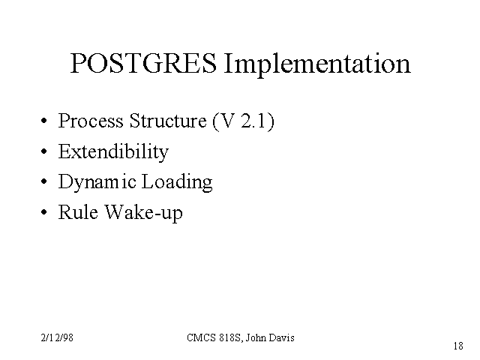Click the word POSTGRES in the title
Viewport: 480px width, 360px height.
(143, 63)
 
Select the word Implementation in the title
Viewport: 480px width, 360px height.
(317, 65)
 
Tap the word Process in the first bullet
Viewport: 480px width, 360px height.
(91, 121)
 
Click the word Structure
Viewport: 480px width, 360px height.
(168, 121)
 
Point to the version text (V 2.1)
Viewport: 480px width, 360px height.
(244, 121)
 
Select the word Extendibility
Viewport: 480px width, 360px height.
(113, 152)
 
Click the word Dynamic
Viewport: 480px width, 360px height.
(97, 182)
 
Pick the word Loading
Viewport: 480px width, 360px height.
(177, 182)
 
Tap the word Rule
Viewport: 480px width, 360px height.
(78, 212)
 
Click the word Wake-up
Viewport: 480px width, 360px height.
(144, 213)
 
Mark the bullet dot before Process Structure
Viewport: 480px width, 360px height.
(44, 121)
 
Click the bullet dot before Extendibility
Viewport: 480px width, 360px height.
(44, 151)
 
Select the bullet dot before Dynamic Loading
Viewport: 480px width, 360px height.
(44, 181)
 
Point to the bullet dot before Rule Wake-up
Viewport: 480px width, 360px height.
(44, 211)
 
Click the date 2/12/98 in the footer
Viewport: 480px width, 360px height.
(57, 337)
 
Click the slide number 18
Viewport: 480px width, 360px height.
(458, 346)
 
